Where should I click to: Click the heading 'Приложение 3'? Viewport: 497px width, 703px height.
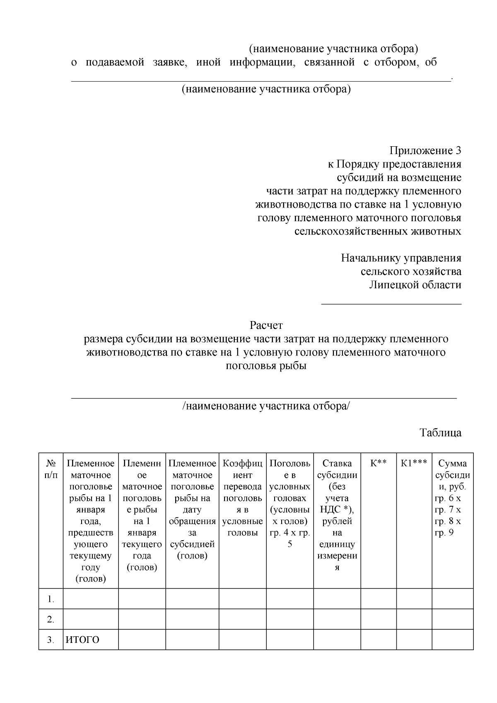(x=425, y=151)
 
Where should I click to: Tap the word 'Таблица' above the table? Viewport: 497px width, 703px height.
(x=440, y=433)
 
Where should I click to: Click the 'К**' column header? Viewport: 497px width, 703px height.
(x=378, y=464)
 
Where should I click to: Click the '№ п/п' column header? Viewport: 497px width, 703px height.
(x=51, y=469)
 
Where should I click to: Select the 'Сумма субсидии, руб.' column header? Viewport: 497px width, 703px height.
(x=452, y=474)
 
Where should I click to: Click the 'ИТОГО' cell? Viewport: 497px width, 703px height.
(x=83, y=640)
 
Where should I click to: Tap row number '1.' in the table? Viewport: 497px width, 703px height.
(x=51, y=599)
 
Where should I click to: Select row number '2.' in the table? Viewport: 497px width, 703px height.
(x=51, y=620)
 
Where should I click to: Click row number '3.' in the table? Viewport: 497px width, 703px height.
(x=51, y=640)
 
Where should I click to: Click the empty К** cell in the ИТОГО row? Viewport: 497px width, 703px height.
(x=378, y=640)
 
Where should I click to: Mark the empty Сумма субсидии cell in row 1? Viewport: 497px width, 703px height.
(x=452, y=599)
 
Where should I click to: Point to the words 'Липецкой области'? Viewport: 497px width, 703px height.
(x=415, y=285)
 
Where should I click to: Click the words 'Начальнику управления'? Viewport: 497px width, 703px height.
(x=401, y=258)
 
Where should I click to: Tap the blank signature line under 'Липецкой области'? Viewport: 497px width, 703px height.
(x=391, y=304)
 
